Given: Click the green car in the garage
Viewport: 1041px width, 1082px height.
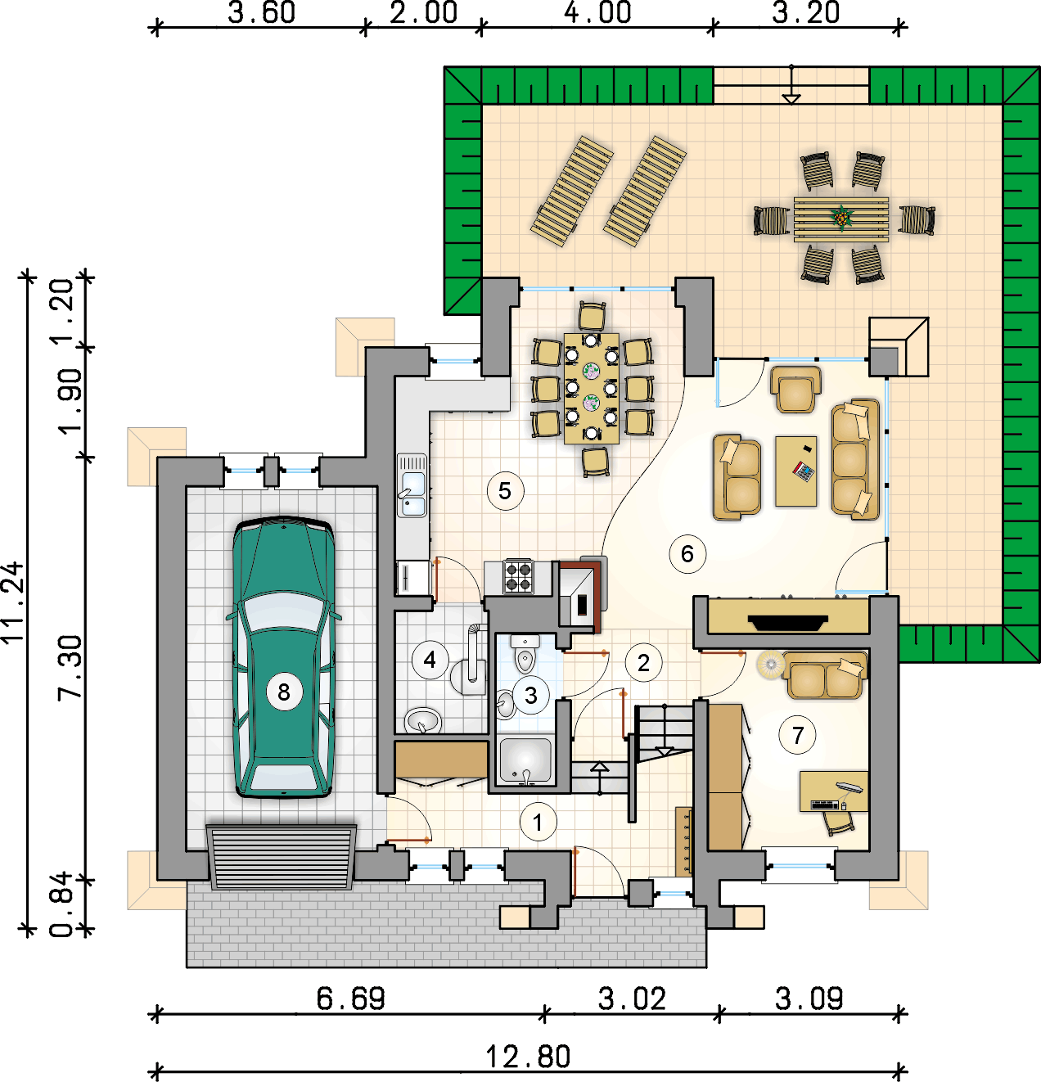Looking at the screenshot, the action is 284,658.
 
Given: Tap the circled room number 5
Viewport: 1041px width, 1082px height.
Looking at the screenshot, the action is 505,491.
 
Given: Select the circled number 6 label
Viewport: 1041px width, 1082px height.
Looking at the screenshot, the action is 687,554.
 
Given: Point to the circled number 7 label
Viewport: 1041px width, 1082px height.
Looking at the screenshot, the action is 797,735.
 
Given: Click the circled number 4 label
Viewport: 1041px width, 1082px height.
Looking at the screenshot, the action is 430,660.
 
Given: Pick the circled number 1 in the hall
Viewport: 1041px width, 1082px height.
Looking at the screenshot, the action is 538,822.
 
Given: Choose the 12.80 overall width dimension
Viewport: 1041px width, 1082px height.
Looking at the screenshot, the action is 529,1057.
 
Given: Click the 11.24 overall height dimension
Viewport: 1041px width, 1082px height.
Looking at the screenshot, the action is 12,603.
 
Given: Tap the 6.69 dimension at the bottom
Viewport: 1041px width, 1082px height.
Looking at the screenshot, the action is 350,999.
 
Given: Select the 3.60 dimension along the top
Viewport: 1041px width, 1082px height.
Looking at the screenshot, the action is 261,12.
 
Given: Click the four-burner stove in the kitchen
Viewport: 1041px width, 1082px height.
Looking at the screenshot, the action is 518,576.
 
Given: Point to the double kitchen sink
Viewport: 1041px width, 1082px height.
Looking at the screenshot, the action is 412,485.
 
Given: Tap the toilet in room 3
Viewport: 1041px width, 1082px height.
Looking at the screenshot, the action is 525,655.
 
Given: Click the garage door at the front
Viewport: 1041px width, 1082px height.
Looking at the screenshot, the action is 282,857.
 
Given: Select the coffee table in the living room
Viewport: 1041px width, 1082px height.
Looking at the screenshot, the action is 796,471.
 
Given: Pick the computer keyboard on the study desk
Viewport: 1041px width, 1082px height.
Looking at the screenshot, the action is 825,805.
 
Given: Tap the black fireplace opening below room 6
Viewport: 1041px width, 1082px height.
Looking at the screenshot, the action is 788,622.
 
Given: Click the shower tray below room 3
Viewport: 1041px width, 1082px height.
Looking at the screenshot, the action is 525,760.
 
